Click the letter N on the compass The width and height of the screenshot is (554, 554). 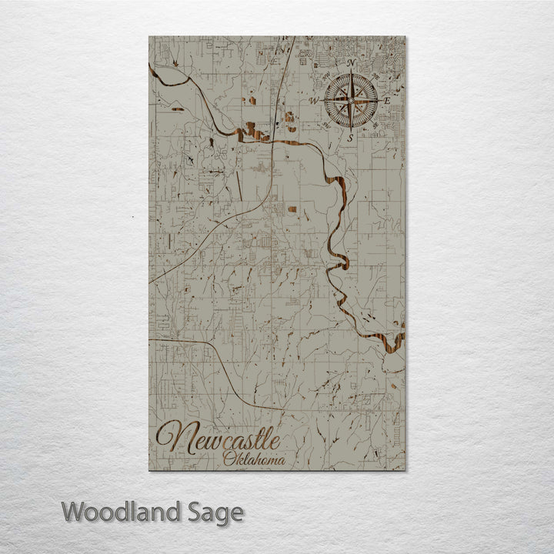pos(351,63)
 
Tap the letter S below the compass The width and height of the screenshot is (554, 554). pos(351,138)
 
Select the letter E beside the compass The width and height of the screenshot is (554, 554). pos(387,101)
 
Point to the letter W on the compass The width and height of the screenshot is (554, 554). pos(314,101)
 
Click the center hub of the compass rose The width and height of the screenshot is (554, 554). pos(351,100)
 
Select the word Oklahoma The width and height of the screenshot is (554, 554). pos(254,459)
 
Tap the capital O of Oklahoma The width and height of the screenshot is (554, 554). pos(230,459)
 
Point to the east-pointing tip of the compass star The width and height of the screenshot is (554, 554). pos(378,100)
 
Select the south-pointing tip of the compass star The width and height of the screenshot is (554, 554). pos(351,128)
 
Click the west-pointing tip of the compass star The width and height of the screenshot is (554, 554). pos(324,100)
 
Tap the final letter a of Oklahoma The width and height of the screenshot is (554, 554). pos(281,460)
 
